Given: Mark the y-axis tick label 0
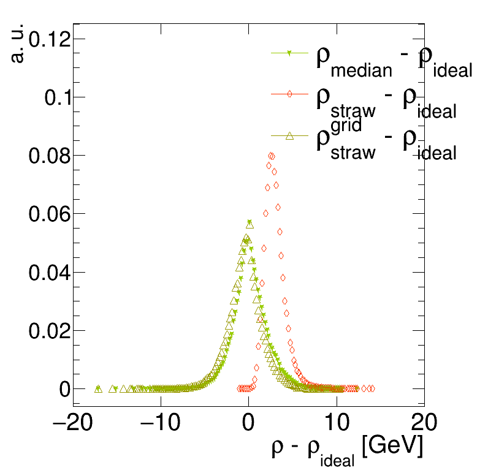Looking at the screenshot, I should (x=64, y=388).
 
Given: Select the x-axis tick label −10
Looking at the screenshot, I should (x=161, y=423).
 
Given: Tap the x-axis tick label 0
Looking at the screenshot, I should (x=248, y=423).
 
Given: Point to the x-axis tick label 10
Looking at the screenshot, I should (x=336, y=423).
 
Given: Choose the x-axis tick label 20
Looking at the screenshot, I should (x=423, y=423).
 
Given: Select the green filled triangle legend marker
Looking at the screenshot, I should (x=289, y=53).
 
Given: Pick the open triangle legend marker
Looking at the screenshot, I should (x=289, y=136).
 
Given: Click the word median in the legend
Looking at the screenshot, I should (x=361, y=70).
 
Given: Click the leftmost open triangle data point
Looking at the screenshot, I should (x=98, y=388).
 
